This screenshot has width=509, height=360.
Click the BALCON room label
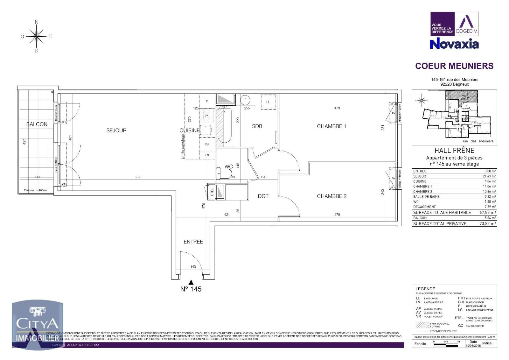coord(37,124)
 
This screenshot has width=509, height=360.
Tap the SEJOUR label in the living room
coord(116,130)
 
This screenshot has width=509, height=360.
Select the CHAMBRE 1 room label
coord(331,126)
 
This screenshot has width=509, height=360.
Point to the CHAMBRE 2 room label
coord(332,196)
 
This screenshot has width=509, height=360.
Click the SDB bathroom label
coord(257,126)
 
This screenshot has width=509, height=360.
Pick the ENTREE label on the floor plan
coord(193,242)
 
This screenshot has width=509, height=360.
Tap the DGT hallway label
coord(263,196)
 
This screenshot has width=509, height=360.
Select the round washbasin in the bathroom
coord(245,100)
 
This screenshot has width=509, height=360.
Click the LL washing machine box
coord(268,102)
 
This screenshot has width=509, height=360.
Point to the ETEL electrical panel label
coord(212,192)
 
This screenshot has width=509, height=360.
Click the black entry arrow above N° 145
coord(191,282)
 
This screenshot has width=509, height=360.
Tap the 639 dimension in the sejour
coord(137,177)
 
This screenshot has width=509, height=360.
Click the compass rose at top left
coord(37,36)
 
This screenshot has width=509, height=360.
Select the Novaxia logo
coord(454,44)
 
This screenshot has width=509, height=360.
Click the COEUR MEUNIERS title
coord(454,66)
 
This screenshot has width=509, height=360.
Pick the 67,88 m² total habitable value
coord(488,212)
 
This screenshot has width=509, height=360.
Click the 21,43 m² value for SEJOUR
coord(489,176)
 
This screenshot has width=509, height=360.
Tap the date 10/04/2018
coord(473,345)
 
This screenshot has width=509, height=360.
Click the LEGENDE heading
coord(425,289)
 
